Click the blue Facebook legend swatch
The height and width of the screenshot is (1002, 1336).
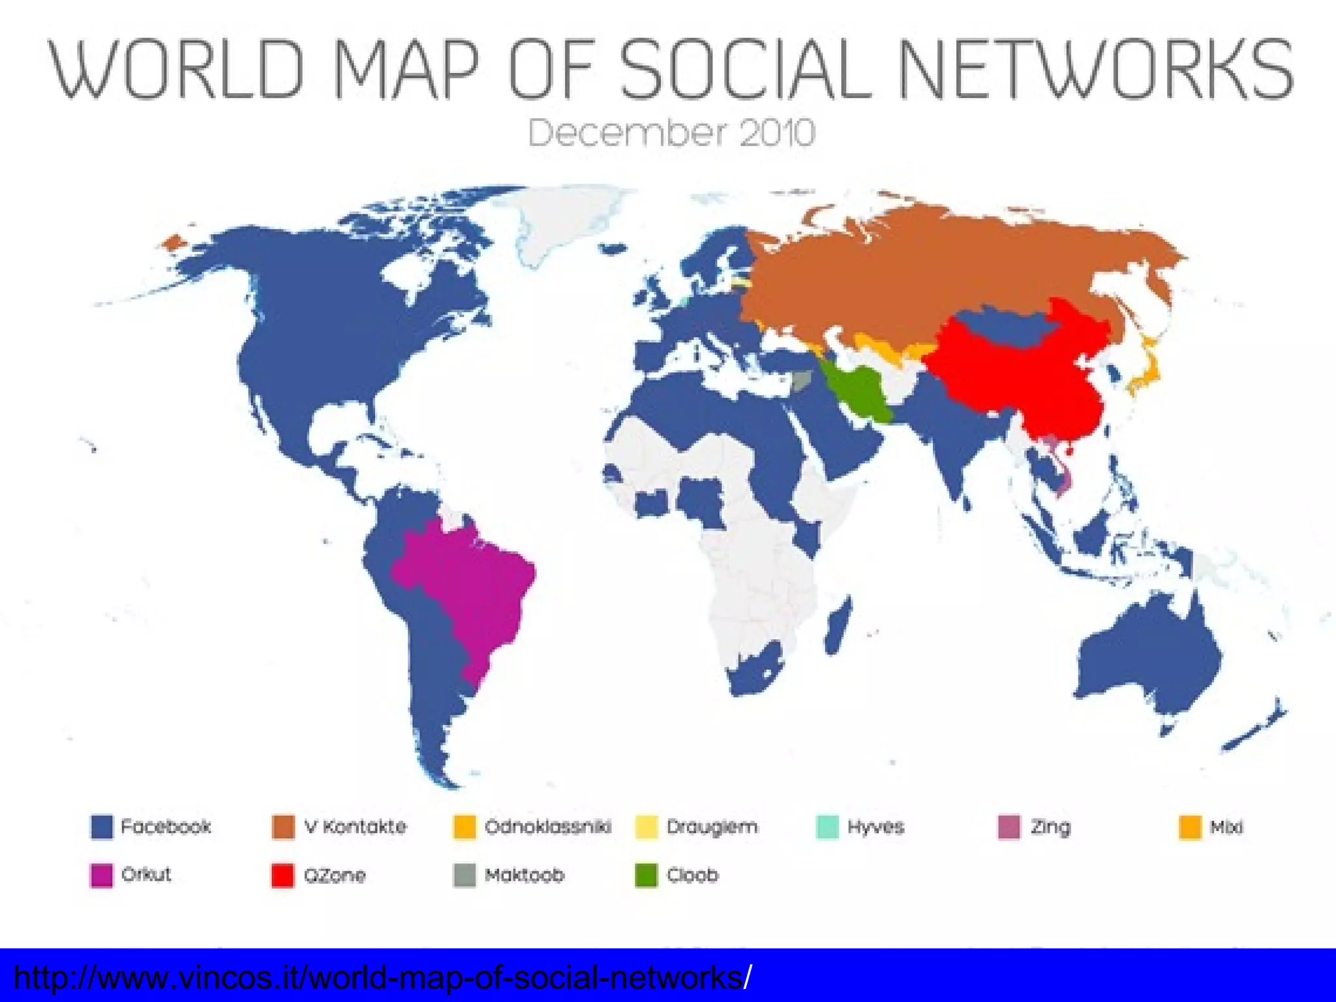click(101, 827)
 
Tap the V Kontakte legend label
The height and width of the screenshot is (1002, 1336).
click(355, 827)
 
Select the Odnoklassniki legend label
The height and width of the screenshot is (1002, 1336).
click(548, 827)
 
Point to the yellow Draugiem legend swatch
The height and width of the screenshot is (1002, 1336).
click(646, 827)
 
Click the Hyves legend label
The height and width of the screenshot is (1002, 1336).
click(875, 827)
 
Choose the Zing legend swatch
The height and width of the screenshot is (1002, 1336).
click(1009, 827)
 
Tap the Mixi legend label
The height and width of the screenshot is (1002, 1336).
click(1226, 827)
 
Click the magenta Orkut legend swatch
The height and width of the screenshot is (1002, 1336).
click(101, 875)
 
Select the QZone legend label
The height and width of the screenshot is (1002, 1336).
click(335, 875)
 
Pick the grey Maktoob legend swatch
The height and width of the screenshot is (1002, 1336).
click(464, 875)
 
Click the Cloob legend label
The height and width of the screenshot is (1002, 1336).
click(692, 875)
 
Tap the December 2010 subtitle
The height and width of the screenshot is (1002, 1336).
click(671, 133)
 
